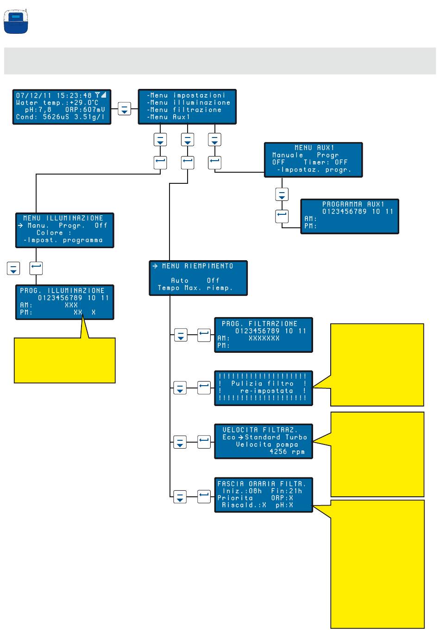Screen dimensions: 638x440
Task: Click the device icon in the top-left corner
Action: pos(16,22)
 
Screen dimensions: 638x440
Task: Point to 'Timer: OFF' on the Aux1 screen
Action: pos(325,163)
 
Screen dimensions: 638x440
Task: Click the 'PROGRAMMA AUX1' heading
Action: pos(353,204)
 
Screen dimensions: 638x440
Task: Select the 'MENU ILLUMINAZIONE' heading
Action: pos(63,218)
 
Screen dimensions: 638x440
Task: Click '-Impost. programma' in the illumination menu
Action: pos(63,240)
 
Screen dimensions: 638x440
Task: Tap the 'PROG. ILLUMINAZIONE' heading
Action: pos(62,291)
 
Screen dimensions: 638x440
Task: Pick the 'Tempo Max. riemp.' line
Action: pos(195,288)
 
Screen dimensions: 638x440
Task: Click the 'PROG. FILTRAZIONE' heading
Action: pos(259,324)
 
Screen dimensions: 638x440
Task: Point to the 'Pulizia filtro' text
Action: pos(262,384)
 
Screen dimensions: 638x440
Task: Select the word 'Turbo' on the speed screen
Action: pos(296,438)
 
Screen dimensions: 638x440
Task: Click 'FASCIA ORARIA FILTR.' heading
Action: pos(262,484)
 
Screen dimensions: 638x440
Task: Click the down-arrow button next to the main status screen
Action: pos(124,109)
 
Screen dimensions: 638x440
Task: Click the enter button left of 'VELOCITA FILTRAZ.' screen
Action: pos(204,442)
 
